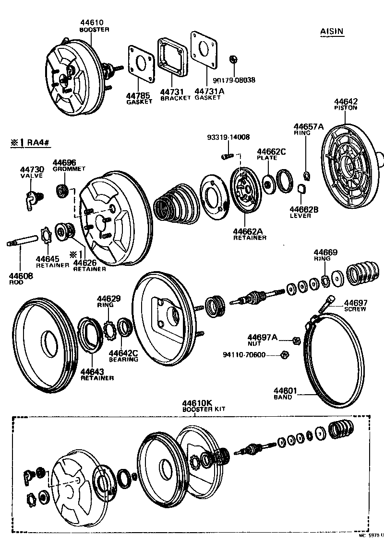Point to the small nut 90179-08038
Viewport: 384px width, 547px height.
[231, 59]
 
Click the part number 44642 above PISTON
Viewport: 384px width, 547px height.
[346, 102]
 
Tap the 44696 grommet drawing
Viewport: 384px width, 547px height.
[62, 190]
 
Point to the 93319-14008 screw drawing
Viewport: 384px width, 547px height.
[227, 156]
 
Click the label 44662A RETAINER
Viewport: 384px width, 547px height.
[250, 234]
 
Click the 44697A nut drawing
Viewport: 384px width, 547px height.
[296, 341]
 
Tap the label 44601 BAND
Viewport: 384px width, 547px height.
[283, 393]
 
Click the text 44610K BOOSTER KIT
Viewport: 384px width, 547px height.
[199, 406]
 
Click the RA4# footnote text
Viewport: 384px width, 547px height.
[34, 142]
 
